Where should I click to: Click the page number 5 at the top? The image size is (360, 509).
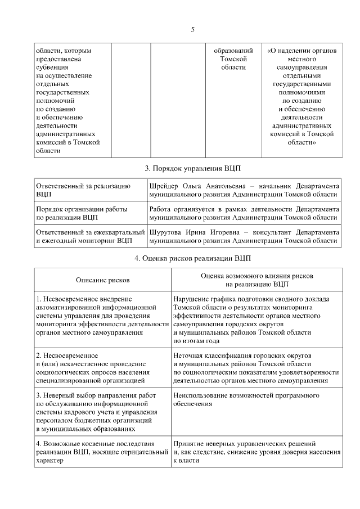pos(192,30)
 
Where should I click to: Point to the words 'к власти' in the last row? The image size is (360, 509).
pos(186,460)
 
